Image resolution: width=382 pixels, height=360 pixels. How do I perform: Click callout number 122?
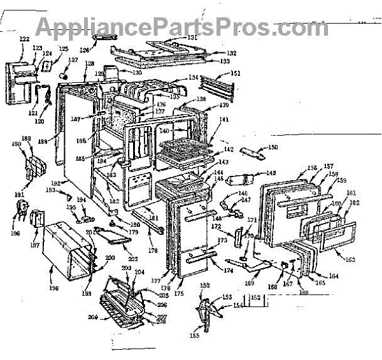(24, 39)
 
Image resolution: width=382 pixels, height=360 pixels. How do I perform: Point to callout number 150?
(272, 148)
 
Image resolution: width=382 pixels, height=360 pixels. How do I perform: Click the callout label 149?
(271, 173)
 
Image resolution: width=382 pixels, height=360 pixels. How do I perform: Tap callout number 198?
(53, 288)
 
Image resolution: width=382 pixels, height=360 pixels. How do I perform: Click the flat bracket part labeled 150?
(253, 153)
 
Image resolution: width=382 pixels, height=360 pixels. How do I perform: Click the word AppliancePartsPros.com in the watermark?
(182, 27)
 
